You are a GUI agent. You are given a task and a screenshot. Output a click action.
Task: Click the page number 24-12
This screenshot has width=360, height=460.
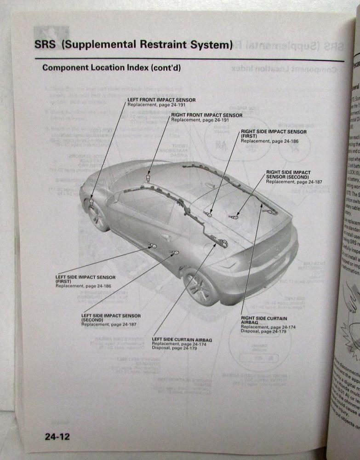pyautogui.click(x=57, y=437)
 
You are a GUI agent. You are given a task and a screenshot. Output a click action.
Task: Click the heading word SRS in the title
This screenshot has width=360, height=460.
pyautogui.click(x=45, y=45)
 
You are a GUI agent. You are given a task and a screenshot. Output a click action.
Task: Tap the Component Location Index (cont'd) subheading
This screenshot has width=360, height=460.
pyautogui.click(x=111, y=68)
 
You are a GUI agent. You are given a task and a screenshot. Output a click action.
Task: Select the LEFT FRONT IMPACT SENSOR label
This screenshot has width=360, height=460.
pyautogui.click(x=161, y=100)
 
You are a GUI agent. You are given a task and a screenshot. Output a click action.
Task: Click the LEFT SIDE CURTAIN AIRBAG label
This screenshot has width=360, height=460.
pyautogui.click(x=182, y=340)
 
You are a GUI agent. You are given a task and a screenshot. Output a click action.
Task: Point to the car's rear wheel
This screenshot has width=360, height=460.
pyautogui.click(x=201, y=288)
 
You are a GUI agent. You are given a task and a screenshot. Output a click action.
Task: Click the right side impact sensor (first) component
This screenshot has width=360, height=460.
pyautogui.click(x=209, y=213)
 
